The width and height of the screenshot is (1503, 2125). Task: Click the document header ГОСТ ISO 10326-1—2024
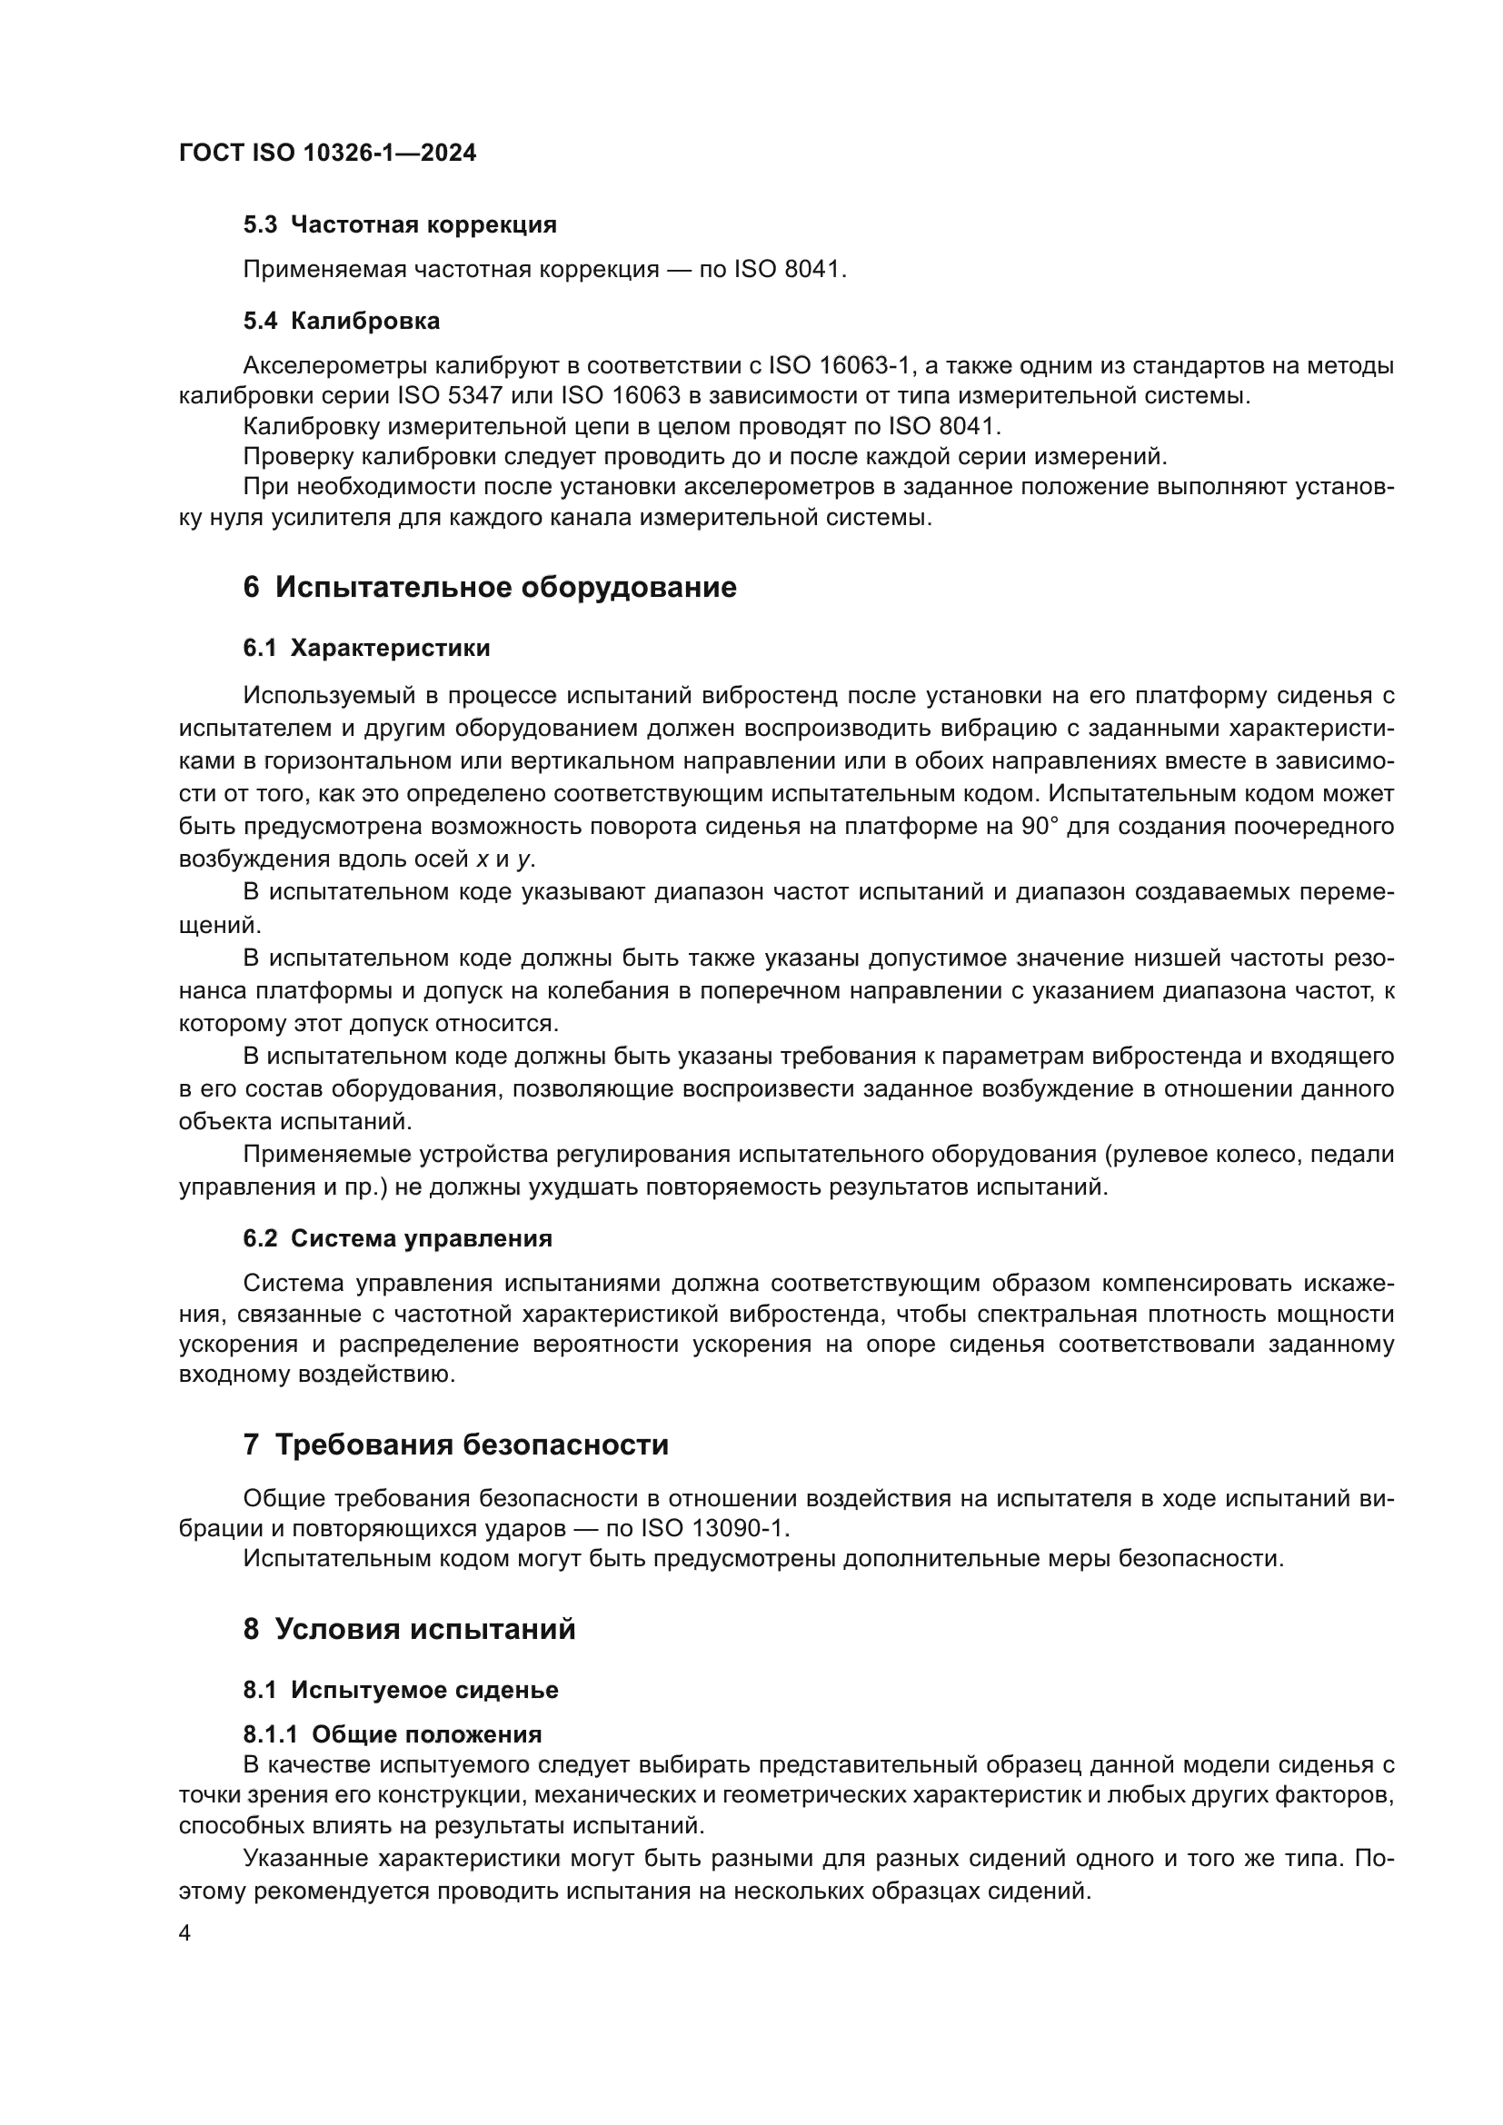tap(328, 154)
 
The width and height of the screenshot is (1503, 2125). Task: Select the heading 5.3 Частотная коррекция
tap(400, 225)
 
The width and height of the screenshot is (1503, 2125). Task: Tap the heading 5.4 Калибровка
tap(342, 321)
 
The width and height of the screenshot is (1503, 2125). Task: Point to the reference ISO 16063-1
tap(841, 366)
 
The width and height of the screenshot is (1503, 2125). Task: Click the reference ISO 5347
tap(452, 396)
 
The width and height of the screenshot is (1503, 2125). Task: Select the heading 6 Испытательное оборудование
tap(490, 588)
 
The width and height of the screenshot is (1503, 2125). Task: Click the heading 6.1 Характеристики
tap(366, 648)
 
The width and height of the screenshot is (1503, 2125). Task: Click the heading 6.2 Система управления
tap(397, 1238)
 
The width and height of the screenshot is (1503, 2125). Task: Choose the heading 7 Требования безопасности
tap(455, 1445)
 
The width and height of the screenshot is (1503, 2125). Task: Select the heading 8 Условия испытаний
tap(409, 1629)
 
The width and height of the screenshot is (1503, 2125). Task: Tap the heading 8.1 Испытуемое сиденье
tap(401, 1690)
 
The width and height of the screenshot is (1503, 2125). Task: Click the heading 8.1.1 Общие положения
tap(393, 1734)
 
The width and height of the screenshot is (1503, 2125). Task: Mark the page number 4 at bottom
tap(185, 1934)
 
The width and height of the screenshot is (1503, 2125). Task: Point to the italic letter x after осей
tap(482, 859)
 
